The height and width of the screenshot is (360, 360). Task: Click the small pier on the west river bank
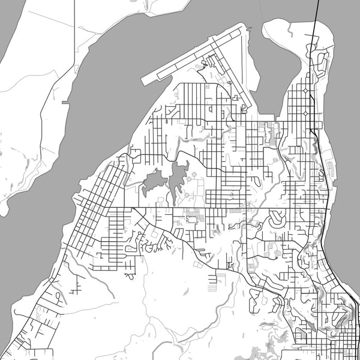pyautogui.click(x=65, y=103)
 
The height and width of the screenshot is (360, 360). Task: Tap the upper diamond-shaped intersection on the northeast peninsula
pyautogui.click(x=305, y=91)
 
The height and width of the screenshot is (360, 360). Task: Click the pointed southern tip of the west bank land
pyautogui.click(x=4, y=214)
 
